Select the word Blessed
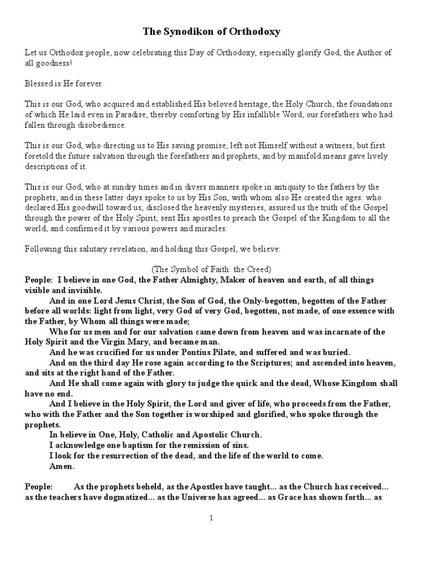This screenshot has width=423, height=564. click(x=40, y=83)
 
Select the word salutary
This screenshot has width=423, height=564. click(x=93, y=249)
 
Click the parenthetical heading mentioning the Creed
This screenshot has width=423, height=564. click(x=211, y=269)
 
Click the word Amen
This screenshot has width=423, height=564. click(x=62, y=466)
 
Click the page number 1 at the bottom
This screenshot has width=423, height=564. click(x=211, y=518)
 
